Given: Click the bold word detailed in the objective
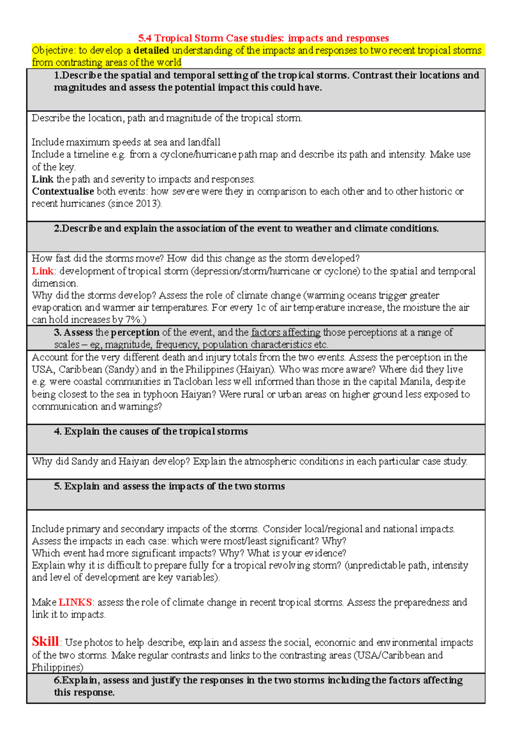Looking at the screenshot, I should [151, 51].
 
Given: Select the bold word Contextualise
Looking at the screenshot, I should [63, 192].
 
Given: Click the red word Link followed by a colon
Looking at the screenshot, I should [42, 271].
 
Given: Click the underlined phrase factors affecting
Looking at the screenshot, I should [285, 333].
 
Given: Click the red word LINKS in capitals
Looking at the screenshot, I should [75, 602].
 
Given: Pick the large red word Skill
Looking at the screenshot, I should [45, 641].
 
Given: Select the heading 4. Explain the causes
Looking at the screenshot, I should [151, 431].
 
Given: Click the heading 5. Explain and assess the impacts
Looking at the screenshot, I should [169, 486].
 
